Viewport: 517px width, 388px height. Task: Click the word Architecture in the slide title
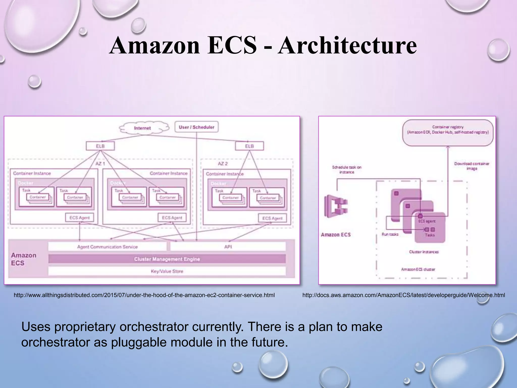(347, 46)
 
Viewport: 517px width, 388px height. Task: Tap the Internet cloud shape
(143, 128)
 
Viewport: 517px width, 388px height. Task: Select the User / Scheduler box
(196, 127)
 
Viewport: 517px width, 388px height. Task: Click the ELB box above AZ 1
(100, 146)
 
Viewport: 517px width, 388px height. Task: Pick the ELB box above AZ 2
(249, 146)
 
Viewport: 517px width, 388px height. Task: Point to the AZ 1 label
(100, 163)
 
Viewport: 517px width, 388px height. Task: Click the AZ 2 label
(223, 164)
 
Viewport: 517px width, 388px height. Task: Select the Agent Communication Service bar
(107, 247)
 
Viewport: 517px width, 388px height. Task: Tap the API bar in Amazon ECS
(228, 247)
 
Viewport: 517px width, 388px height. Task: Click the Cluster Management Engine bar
(167, 259)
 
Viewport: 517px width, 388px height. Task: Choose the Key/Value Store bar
(167, 271)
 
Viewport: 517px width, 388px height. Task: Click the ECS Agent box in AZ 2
(272, 218)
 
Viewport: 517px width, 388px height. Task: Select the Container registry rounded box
(448, 133)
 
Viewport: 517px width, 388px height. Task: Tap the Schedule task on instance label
(347, 169)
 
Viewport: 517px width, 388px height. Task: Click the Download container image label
(472, 166)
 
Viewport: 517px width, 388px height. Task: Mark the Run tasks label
(390, 234)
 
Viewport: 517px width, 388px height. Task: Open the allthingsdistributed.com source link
(144, 295)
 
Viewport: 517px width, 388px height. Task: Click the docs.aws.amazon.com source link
(404, 295)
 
